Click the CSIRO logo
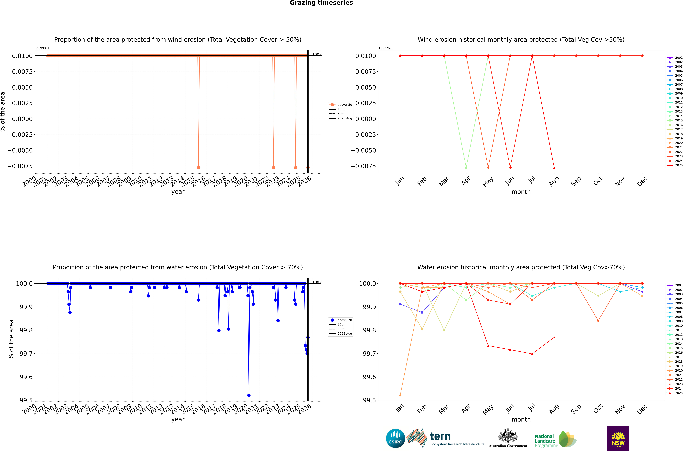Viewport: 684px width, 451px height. (x=395, y=438)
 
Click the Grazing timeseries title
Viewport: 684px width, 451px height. (x=321, y=3)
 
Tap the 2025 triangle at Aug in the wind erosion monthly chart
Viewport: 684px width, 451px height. (x=554, y=168)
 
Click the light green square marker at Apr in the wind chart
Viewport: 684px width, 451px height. (x=466, y=167)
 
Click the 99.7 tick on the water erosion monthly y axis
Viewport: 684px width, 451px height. (x=369, y=353)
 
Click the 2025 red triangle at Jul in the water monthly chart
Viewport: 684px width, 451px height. (x=532, y=354)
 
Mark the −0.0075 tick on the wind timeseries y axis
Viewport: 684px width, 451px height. (x=20, y=166)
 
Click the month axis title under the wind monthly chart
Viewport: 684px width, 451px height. (x=521, y=192)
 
